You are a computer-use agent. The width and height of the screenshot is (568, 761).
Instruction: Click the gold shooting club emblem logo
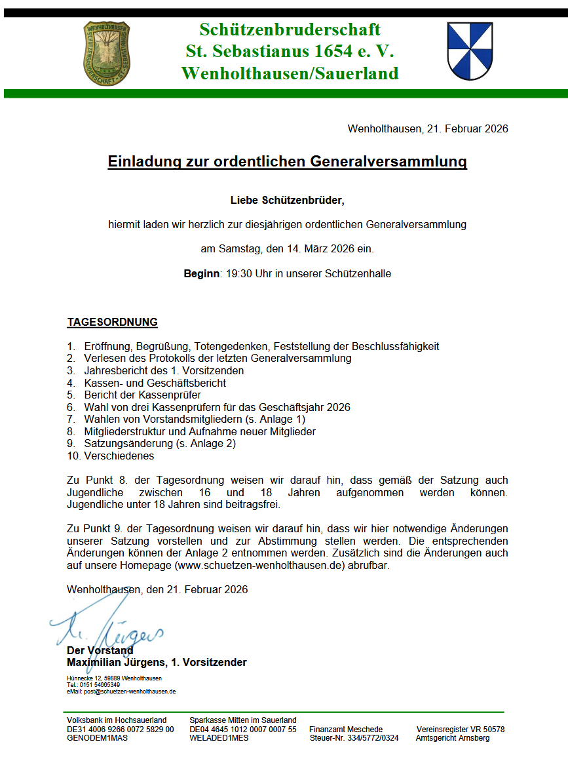pyautogui.click(x=106, y=54)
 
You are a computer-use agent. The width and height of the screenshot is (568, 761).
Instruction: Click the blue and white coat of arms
pyautogui.click(x=470, y=51)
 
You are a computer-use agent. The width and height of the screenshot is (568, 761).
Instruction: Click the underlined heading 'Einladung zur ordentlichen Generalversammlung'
pyautogui.click(x=287, y=162)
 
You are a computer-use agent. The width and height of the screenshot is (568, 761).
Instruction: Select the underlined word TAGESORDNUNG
pyautogui.click(x=112, y=322)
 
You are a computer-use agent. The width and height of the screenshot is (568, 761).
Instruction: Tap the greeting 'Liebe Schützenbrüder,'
pyautogui.click(x=287, y=200)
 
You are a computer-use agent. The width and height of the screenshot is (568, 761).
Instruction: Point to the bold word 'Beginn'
pyautogui.click(x=201, y=274)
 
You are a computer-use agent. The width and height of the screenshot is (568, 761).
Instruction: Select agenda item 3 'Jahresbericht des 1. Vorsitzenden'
pyautogui.click(x=164, y=370)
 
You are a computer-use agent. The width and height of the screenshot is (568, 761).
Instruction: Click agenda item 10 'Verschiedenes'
pyautogui.click(x=119, y=456)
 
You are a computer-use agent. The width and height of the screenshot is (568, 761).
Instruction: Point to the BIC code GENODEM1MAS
pyautogui.click(x=97, y=737)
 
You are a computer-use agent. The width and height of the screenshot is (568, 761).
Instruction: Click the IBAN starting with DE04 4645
pyautogui.click(x=242, y=729)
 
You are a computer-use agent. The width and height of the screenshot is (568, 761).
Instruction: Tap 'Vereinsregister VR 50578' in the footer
pyautogui.click(x=461, y=729)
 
